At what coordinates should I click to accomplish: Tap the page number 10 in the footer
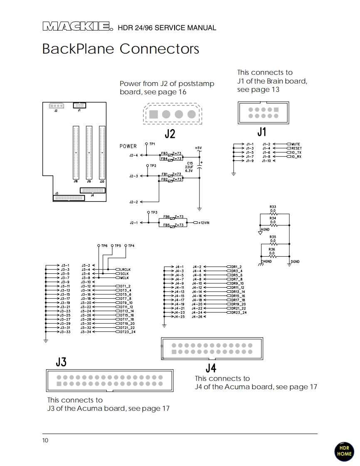(45, 440)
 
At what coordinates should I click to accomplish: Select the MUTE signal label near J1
(296, 144)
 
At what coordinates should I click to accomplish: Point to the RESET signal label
(296, 148)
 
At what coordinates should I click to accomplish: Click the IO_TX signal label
(296, 152)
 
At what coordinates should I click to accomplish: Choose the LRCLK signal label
(125, 270)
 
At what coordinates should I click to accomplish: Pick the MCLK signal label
(124, 278)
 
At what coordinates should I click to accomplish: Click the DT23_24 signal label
(128, 332)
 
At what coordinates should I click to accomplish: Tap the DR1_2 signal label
(237, 267)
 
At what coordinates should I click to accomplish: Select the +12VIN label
(204, 223)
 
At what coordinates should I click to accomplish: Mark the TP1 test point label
(153, 144)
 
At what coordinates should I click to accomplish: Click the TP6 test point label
(104, 246)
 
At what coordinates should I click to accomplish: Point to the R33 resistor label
(273, 207)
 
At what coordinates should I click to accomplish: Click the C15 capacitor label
(190, 163)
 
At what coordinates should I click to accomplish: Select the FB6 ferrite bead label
(166, 217)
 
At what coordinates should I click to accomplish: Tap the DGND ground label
(295, 262)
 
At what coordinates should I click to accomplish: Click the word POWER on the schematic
(128, 146)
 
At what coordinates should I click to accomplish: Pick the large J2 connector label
(170, 134)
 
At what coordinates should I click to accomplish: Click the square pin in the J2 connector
(154, 114)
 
